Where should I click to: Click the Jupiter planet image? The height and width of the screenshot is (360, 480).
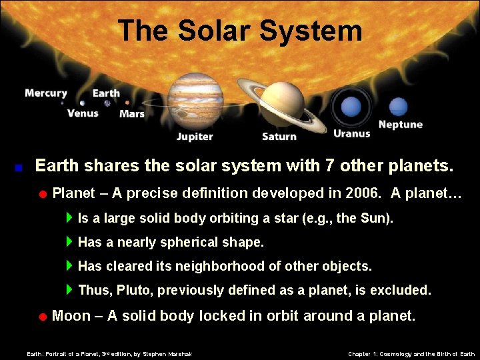[195, 101]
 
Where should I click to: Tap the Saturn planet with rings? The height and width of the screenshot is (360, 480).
[282, 103]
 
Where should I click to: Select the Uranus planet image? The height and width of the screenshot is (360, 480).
[351, 107]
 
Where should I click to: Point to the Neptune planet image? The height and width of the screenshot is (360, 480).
[398, 107]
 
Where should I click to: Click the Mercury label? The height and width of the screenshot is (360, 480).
[46, 93]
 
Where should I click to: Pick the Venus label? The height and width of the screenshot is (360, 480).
[83, 113]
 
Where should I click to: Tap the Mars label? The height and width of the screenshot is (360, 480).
[132, 114]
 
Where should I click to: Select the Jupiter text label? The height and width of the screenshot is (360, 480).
[195, 137]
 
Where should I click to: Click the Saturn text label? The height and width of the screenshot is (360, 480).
[279, 137]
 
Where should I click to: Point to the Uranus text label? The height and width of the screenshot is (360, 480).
[351, 133]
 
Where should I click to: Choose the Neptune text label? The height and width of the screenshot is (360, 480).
[401, 125]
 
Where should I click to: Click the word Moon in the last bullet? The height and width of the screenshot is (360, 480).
[71, 315]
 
